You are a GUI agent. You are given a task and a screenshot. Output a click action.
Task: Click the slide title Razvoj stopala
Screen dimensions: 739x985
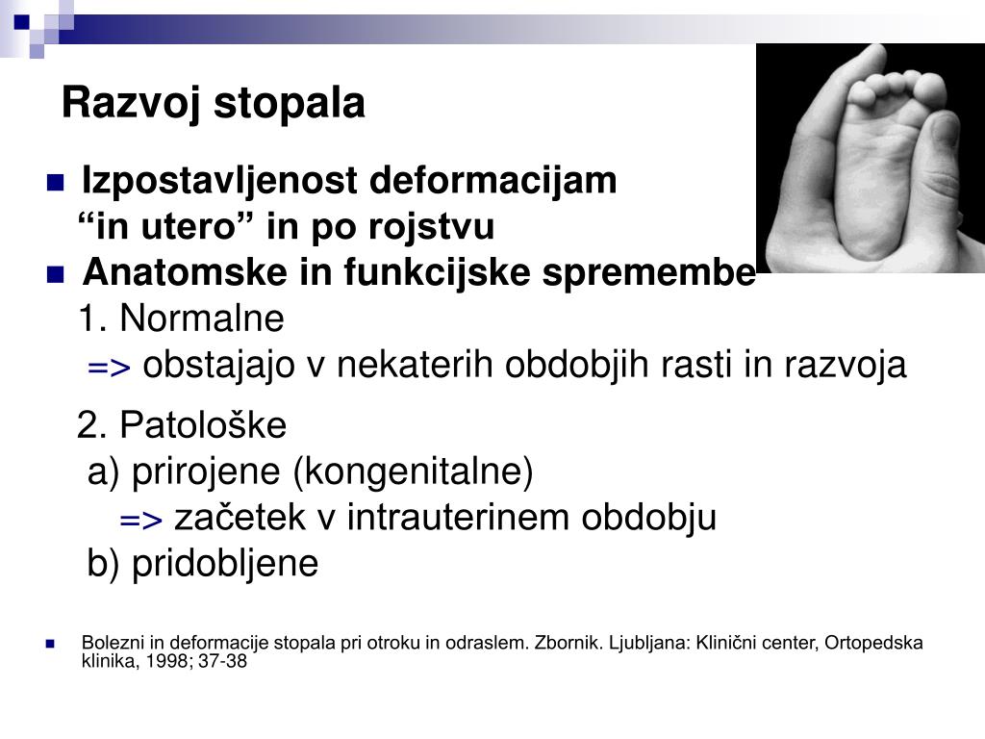coord(213,103)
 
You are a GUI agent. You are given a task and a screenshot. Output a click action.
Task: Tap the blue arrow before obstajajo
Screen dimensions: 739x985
coord(109,368)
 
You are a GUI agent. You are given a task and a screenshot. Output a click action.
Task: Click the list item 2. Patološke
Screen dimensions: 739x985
coord(182,424)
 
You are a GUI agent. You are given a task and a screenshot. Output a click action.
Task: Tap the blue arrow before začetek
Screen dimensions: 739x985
coord(141,521)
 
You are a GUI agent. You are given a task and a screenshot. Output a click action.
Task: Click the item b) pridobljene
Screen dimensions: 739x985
coord(202,564)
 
